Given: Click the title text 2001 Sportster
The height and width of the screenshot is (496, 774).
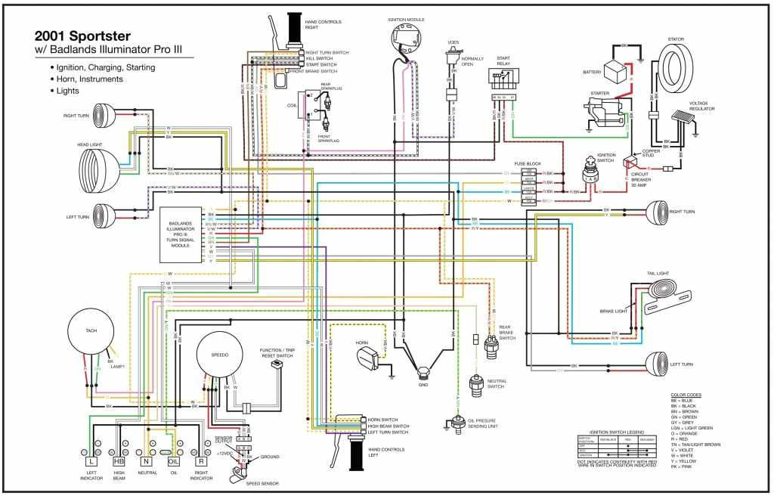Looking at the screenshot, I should tap(83, 36).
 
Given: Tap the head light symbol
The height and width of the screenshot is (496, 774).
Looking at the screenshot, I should tap(100, 160).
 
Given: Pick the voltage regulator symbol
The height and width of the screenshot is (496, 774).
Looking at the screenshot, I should tap(684, 121).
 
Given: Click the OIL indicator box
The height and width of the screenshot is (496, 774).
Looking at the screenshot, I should tap(173, 460).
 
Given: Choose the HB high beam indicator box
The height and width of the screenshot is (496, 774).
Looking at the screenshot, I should tap(119, 460).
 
